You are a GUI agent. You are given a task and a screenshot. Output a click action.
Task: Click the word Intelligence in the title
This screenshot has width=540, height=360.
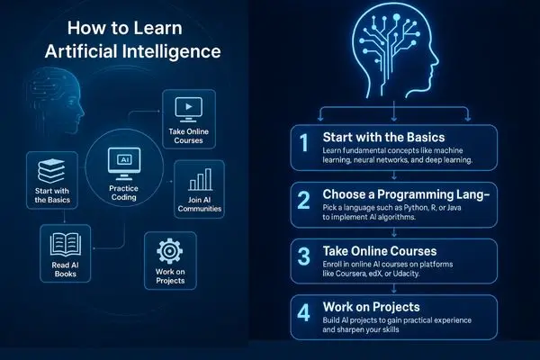click(172, 52)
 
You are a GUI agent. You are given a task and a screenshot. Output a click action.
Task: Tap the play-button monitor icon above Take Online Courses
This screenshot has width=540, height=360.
click(189, 110)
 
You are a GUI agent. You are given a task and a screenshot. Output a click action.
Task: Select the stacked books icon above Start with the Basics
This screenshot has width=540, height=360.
click(51, 171)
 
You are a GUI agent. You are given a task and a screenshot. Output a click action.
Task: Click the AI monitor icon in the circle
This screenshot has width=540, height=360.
click(124, 164)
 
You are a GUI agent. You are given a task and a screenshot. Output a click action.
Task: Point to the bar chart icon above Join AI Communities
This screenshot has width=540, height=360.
click(200, 179)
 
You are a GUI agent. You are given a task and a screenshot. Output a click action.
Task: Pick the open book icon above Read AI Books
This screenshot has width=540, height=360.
click(66, 245)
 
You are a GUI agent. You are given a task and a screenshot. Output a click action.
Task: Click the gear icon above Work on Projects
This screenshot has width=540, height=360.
click(170, 251)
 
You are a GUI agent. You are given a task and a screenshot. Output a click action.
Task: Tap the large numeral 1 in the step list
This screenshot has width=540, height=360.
click(304, 142)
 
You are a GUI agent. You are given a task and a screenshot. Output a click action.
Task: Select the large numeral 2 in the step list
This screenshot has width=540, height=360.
click(304, 200)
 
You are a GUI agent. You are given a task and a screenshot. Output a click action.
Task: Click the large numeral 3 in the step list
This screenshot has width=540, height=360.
click(304, 256)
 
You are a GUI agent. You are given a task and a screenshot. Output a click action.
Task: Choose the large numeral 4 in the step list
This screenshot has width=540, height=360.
click(304, 313)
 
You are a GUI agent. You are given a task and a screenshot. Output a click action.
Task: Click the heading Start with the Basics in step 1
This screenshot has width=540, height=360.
click(383, 137)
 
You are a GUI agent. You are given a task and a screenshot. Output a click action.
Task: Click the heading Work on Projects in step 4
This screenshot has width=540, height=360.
click(371, 307)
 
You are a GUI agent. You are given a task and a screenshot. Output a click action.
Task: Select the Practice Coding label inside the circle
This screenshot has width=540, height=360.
click(123, 193)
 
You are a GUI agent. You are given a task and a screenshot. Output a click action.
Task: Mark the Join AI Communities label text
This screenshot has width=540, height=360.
click(200, 204)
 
